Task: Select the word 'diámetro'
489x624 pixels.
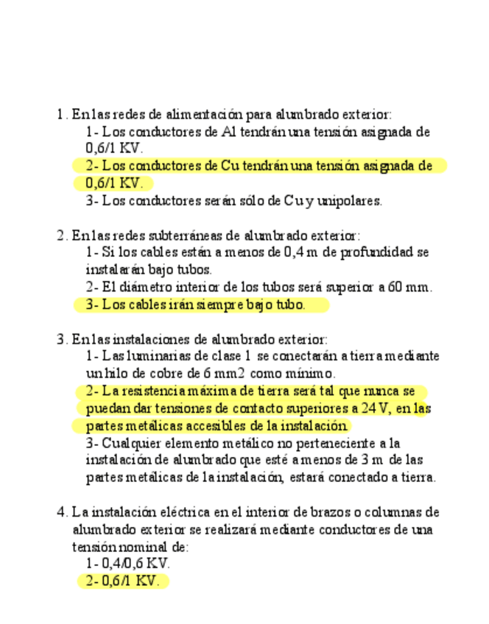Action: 141,287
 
